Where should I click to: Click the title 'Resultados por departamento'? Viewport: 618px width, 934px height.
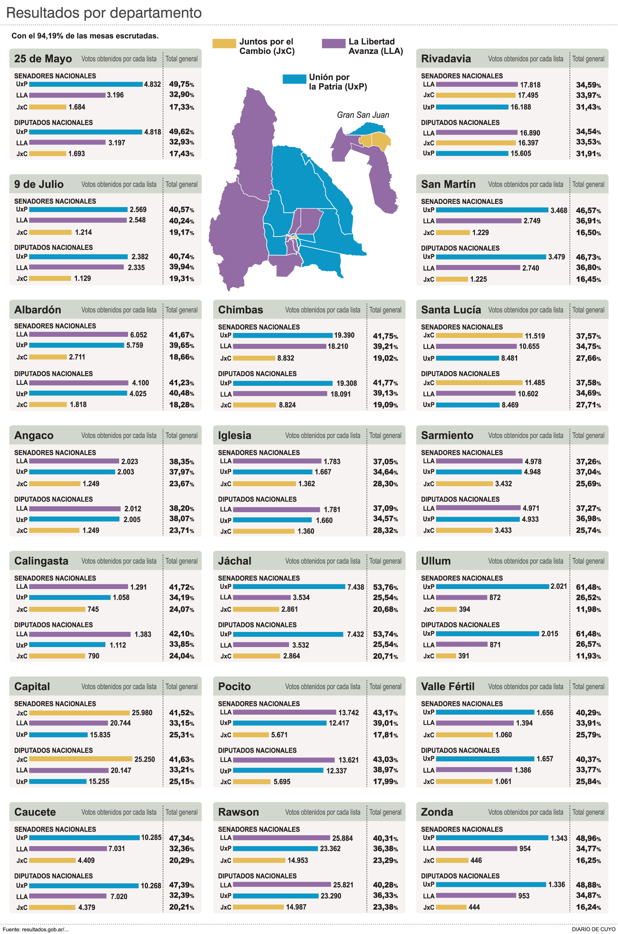tap(104, 13)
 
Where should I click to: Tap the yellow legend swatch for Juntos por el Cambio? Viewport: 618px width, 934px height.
tap(224, 43)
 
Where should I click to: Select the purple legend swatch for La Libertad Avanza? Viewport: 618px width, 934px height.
tap(333, 43)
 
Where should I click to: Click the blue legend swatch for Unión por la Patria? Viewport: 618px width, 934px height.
tap(294, 79)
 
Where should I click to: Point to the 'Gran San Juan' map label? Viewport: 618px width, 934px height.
tap(363, 115)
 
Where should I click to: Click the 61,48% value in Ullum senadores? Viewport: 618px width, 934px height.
tap(588, 587)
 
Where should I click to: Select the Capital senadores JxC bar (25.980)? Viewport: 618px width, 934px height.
tap(79, 713)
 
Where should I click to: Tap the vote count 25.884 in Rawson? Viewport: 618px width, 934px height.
tap(342, 838)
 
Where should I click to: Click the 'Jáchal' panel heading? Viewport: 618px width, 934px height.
tap(234, 561)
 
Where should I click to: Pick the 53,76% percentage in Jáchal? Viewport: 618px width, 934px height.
tap(385, 587)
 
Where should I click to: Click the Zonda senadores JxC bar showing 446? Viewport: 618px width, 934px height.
tap(452, 860)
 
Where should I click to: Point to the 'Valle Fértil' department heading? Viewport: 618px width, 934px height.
tap(447, 687)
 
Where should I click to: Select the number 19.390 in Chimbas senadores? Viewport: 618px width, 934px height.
tap(344, 335)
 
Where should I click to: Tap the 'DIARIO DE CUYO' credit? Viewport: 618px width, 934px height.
tap(593, 929)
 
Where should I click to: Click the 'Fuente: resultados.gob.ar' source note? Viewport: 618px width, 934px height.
tap(36, 929)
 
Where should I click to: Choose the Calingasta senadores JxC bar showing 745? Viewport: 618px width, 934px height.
tap(57, 609)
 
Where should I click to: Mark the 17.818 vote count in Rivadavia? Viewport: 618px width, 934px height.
tap(530, 85)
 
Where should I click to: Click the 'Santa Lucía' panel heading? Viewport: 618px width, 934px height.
tap(450, 310)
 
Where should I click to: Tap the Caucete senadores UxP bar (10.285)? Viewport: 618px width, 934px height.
tap(84, 838)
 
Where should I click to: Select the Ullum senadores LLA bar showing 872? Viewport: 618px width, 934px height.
tap(461, 597)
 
